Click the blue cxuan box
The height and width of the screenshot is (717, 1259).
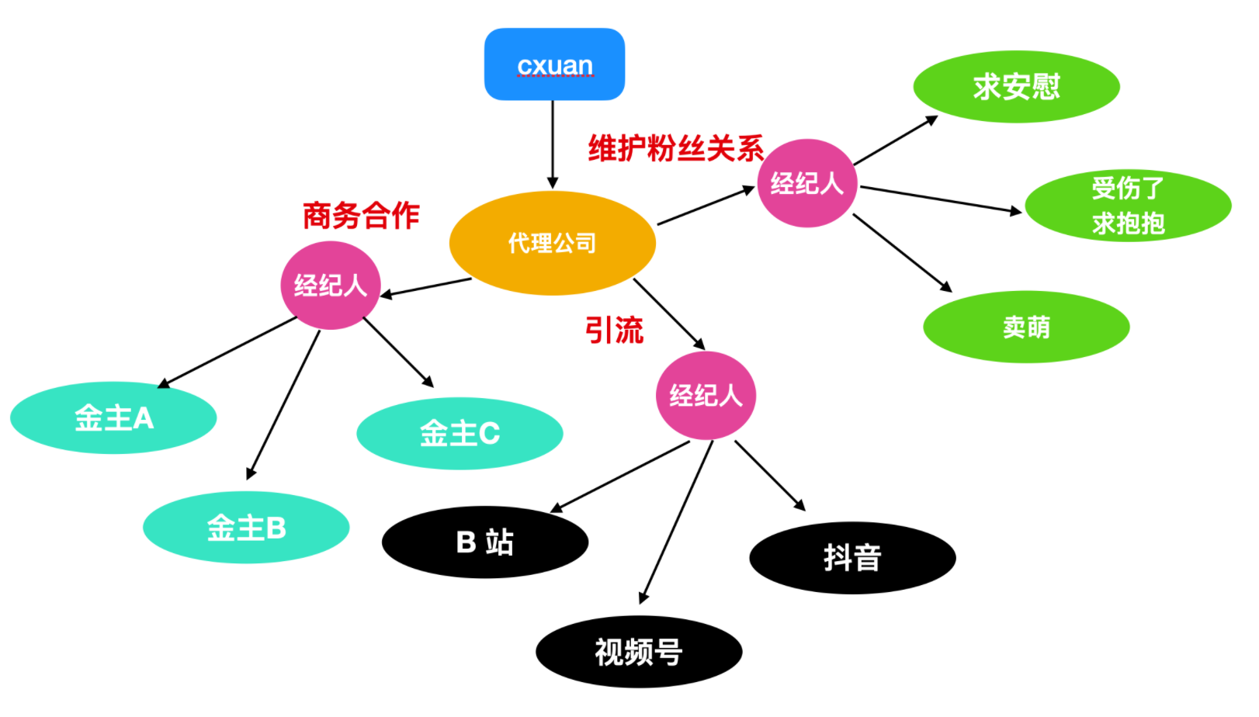554,64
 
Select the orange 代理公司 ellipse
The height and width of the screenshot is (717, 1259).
552,243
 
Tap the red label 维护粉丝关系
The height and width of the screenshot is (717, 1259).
675,148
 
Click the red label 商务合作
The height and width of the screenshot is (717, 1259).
361,216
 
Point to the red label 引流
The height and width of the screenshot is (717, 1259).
614,331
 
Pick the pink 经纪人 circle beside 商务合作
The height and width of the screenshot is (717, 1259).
330,286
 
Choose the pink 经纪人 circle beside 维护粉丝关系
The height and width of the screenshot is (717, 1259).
806,183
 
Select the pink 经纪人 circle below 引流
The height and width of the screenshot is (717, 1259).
706,396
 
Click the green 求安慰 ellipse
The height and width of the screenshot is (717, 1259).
1016,86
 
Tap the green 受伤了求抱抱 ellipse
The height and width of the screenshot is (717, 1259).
1127,206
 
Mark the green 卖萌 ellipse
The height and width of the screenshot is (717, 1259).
1025,327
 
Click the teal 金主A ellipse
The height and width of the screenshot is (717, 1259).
113,418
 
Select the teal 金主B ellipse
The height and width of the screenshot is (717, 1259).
246,528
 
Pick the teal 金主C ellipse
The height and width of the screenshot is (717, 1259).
460,433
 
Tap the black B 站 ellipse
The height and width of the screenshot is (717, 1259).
484,542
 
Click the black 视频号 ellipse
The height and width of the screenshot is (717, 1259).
638,652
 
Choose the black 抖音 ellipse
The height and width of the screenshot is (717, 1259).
852,557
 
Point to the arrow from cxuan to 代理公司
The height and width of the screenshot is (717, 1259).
553,144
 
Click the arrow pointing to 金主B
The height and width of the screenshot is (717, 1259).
283,404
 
